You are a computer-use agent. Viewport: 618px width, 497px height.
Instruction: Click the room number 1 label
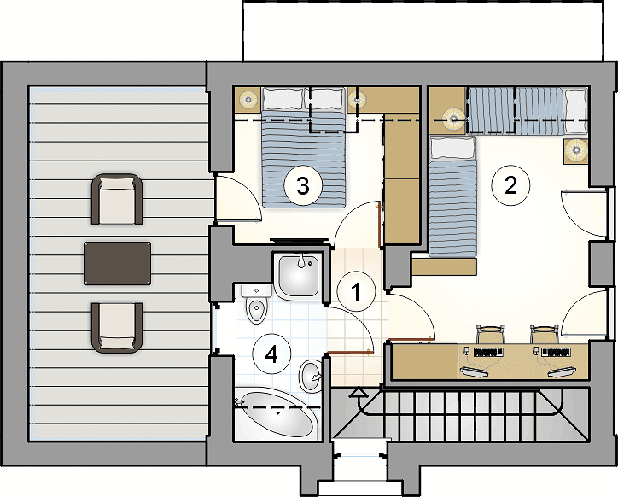click(356, 291)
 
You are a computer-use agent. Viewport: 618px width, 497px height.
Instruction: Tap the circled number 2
click(510, 185)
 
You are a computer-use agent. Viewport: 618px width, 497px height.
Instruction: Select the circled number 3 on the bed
click(303, 186)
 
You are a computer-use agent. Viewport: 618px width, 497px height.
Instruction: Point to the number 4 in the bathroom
click(271, 354)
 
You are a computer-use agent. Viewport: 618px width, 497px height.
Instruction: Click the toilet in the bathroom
click(256, 304)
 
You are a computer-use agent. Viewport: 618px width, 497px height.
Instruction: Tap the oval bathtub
click(278, 414)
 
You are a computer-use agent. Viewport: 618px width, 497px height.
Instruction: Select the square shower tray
click(299, 275)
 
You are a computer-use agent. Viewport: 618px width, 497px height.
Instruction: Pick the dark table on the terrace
click(117, 263)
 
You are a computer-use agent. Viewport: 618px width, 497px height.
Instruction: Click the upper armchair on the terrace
click(117, 199)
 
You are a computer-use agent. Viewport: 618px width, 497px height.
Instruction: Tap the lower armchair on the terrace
click(117, 327)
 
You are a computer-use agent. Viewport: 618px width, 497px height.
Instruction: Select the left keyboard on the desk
click(488, 352)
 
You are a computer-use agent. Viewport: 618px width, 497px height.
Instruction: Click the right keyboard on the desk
click(556, 352)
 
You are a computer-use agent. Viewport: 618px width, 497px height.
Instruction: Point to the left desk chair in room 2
click(490, 334)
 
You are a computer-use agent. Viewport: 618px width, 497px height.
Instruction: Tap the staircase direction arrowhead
click(359, 392)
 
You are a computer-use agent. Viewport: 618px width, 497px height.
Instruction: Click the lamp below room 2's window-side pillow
click(576, 150)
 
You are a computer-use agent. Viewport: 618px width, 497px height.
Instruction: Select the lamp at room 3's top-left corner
click(248, 99)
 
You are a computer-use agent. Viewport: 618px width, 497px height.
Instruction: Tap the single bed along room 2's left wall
click(452, 196)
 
